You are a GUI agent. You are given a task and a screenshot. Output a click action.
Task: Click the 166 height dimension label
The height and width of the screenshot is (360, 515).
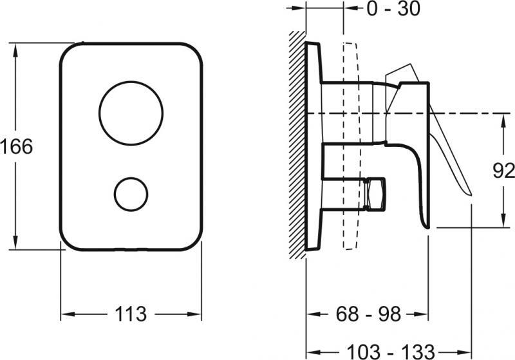(x=17, y=146)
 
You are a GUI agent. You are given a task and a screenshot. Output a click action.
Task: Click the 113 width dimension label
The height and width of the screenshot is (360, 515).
(x=131, y=314)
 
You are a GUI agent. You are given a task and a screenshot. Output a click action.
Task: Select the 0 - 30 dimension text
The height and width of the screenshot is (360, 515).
(x=393, y=8)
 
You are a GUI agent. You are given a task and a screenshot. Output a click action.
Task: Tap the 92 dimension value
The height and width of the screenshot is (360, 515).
(x=503, y=171)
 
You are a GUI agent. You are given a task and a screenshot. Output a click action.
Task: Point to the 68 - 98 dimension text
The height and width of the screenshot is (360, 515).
(x=368, y=314)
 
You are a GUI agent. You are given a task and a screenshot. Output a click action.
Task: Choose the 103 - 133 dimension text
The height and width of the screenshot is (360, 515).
(x=391, y=352)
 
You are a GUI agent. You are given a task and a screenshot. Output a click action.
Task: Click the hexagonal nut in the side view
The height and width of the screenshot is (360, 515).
(x=375, y=194)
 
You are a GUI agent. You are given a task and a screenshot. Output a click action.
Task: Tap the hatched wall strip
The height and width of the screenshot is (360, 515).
(x=297, y=144)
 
